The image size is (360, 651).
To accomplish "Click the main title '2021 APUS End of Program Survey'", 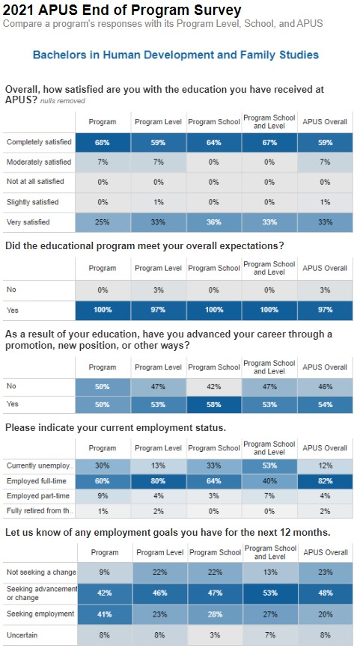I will [x=122, y=10].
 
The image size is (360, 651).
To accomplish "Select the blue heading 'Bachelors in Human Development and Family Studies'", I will [x=176, y=55].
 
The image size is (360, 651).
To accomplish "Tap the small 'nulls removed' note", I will [x=62, y=101].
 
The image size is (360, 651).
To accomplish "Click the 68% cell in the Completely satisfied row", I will [x=103, y=141].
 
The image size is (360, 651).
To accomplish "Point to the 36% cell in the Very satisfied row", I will [x=213, y=222].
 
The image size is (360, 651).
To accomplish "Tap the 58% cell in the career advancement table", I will [x=213, y=404].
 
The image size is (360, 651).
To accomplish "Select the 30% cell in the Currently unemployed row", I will [x=103, y=465].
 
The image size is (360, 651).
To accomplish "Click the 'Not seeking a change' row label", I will [x=40, y=572].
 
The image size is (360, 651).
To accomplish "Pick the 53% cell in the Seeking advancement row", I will [x=269, y=593].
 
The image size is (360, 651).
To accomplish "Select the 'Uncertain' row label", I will [x=22, y=635].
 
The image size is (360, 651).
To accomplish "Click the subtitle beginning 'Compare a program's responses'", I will [x=162, y=24].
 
